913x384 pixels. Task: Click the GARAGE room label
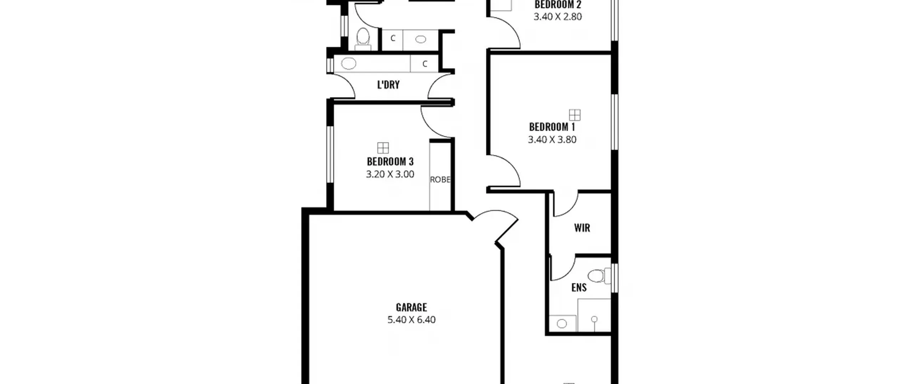pyautogui.click(x=411, y=307)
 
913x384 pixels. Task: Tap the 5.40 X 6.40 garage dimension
pyautogui.click(x=411, y=320)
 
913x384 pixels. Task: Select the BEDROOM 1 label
pyautogui.click(x=552, y=127)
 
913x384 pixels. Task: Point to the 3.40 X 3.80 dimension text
pyautogui.click(x=552, y=140)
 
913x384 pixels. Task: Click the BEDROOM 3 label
pyautogui.click(x=390, y=161)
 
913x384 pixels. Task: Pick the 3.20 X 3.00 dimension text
pyautogui.click(x=390, y=174)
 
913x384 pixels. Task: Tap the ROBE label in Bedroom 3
pyautogui.click(x=440, y=180)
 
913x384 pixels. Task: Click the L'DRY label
pyautogui.click(x=388, y=85)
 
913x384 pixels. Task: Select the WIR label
pyautogui.click(x=582, y=228)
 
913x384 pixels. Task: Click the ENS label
pyautogui.click(x=579, y=288)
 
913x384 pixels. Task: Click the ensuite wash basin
pyautogui.click(x=562, y=324)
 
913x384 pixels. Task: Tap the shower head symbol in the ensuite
pyautogui.click(x=594, y=319)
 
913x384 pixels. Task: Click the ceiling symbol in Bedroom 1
pyautogui.click(x=575, y=115)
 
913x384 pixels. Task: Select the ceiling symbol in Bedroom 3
pyautogui.click(x=383, y=148)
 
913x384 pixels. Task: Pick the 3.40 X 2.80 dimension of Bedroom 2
pyautogui.click(x=558, y=17)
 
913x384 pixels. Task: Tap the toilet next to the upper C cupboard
pyautogui.click(x=363, y=39)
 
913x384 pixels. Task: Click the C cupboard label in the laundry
pyautogui.click(x=425, y=64)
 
